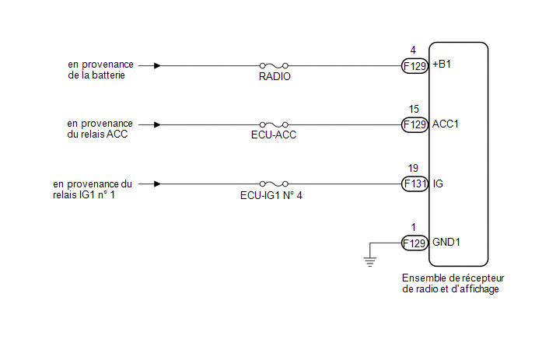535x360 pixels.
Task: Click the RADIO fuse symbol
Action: [x=274, y=66]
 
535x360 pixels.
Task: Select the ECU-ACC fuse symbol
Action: [x=274, y=124]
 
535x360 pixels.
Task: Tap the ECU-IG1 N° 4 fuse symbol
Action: [x=274, y=184]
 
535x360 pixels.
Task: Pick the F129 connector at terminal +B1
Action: [x=414, y=66]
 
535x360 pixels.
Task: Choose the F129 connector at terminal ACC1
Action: [x=414, y=124]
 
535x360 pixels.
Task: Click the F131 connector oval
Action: [x=414, y=184]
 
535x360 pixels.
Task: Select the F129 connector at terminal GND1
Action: [x=414, y=243]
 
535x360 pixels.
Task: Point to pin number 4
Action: [x=413, y=51]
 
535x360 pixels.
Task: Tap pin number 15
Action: [x=413, y=109]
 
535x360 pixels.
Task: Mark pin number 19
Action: [x=413, y=168]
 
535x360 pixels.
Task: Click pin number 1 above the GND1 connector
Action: [x=413, y=227]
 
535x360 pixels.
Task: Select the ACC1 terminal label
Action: [x=446, y=124]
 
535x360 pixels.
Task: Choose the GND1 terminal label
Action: [x=446, y=243]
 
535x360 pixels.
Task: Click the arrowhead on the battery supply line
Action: [x=158, y=66]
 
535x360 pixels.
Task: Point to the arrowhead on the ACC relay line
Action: [x=158, y=124]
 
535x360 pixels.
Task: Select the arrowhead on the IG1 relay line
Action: [x=158, y=184]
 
